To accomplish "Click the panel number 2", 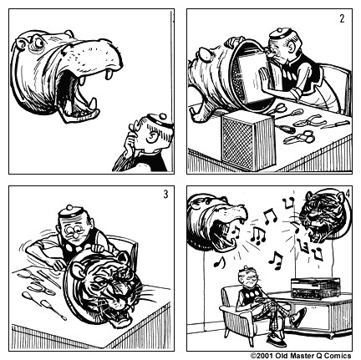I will point(341,18).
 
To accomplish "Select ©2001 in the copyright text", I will point(264,354).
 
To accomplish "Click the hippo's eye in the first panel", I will point(38,42).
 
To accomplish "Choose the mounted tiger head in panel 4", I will point(324,219).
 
